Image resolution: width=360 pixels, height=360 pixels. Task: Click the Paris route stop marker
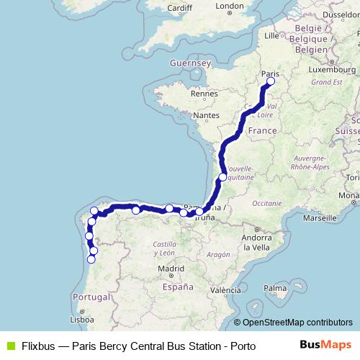point(271,82)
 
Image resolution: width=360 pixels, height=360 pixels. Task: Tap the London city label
point(230,6)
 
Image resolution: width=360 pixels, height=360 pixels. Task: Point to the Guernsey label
point(189,63)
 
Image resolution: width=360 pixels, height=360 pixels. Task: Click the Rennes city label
point(204,94)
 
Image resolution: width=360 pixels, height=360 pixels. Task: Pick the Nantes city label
point(206,115)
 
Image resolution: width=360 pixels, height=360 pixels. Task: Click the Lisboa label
point(82,319)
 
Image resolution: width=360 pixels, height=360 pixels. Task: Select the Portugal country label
point(90,297)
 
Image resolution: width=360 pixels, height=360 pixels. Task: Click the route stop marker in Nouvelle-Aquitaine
point(222,177)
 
